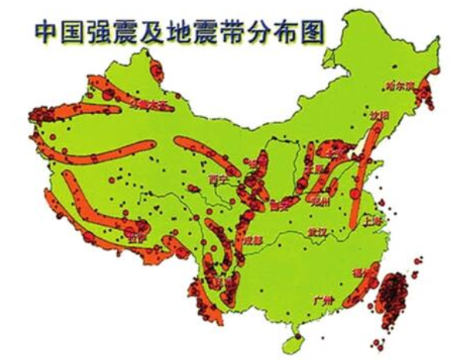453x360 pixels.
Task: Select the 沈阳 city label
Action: pos(378,115)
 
